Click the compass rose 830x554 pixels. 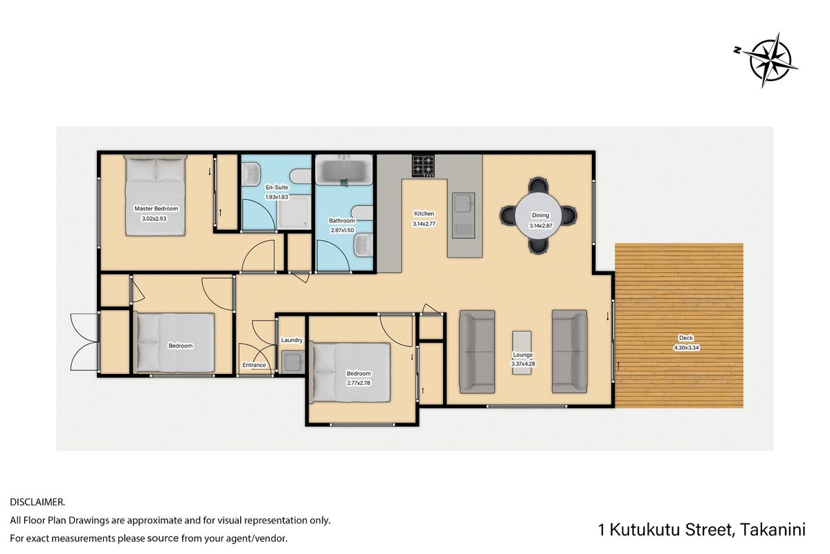768,60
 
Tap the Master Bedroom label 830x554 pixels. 156,208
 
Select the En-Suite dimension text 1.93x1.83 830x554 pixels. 277,197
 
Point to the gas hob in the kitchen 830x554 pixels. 424,166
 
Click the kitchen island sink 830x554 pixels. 464,215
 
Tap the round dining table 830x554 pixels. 539,215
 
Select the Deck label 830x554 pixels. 686,338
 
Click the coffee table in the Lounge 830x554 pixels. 523,352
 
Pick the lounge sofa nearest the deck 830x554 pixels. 570,352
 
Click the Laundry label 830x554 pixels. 291,340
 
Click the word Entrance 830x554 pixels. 254,365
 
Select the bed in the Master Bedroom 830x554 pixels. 156,195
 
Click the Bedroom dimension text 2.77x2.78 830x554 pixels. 359,383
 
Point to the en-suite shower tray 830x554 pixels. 294,213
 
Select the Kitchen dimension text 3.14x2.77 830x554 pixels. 424,224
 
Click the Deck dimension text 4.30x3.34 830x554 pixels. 686,348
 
